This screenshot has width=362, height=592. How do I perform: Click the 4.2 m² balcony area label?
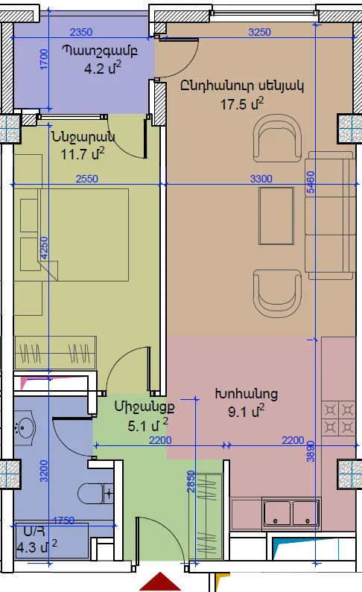click(x=103, y=69)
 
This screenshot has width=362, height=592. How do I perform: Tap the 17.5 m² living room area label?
click(x=242, y=104)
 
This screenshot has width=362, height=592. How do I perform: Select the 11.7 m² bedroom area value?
click(x=83, y=153)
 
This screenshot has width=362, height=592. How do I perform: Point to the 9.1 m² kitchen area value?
click(x=246, y=411)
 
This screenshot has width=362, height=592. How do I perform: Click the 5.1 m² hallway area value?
click(x=147, y=425)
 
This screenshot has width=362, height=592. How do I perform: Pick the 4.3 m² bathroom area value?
click(x=36, y=547)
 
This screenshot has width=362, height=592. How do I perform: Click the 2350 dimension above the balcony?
click(x=80, y=32)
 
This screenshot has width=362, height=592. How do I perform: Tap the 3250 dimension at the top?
click(x=259, y=32)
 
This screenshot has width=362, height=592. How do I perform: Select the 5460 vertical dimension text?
click(x=311, y=182)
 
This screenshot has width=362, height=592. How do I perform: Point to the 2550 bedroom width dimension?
click(x=87, y=179)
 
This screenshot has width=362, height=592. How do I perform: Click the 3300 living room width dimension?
click(x=261, y=179)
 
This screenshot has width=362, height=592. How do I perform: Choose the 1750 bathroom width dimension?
click(x=64, y=521)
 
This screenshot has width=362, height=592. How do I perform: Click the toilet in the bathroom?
click(x=95, y=493)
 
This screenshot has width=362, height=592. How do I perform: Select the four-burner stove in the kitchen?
click(x=338, y=419)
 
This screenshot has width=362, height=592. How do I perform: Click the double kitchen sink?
click(x=291, y=512)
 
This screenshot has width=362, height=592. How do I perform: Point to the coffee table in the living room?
click(x=276, y=216)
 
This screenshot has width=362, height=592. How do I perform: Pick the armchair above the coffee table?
click(x=277, y=139)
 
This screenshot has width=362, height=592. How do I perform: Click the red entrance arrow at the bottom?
click(x=160, y=582)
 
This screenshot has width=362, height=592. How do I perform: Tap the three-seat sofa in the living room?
click(x=330, y=216)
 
